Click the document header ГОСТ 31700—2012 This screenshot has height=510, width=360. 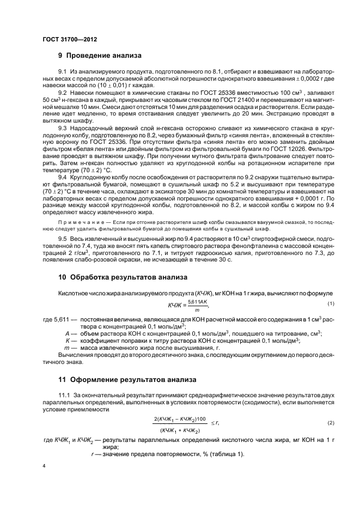66,39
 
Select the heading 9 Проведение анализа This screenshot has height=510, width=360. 100,56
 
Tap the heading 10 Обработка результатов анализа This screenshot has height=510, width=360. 123,277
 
